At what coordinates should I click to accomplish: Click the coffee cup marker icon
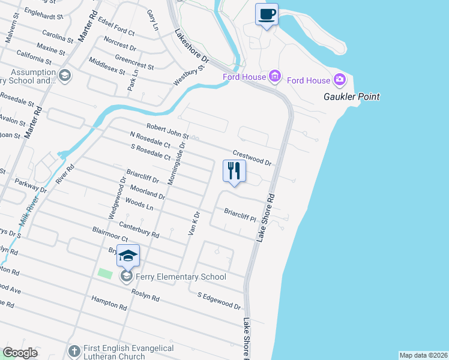click(267, 14)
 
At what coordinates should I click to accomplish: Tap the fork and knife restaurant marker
click(234, 170)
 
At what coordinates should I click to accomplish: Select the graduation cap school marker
click(128, 256)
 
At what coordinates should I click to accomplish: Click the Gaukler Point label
click(352, 97)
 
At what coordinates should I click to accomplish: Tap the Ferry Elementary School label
click(179, 277)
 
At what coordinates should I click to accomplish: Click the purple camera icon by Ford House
click(340, 80)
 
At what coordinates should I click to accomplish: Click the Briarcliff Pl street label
click(240, 215)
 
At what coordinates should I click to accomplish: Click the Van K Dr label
click(194, 223)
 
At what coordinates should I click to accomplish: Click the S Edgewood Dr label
click(219, 300)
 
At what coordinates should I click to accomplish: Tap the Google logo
click(20, 353)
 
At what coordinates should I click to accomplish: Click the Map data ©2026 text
click(423, 355)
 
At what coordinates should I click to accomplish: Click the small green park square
click(105, 272)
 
